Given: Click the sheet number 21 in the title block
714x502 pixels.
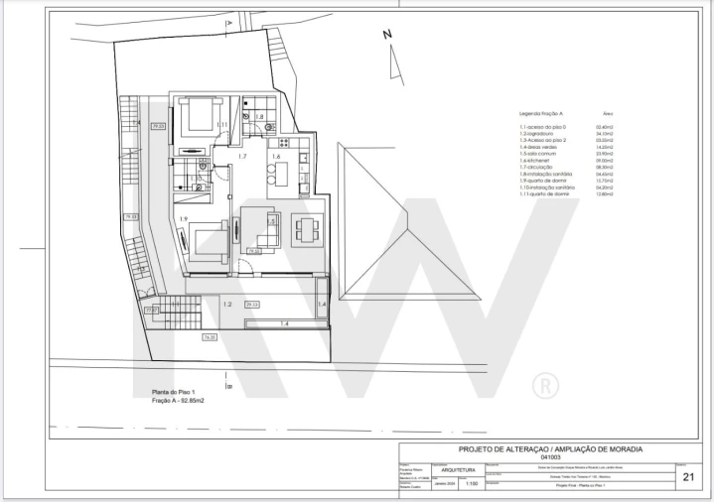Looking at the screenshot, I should coord(689,477).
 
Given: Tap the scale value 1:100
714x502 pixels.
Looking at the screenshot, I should coord(471,486).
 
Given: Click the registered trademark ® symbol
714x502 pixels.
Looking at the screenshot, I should coord(545,384).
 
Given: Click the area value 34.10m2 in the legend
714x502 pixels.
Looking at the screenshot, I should coord(603,134).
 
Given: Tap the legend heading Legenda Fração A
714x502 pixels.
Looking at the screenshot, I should coord(542,114).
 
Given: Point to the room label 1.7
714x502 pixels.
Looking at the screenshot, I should coord(241,157).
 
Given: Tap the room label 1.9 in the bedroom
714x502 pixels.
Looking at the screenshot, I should coord(183,219).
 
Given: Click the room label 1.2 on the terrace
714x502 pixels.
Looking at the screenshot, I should coord(226,305).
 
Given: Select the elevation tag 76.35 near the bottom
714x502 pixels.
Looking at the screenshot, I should coord(210,337).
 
